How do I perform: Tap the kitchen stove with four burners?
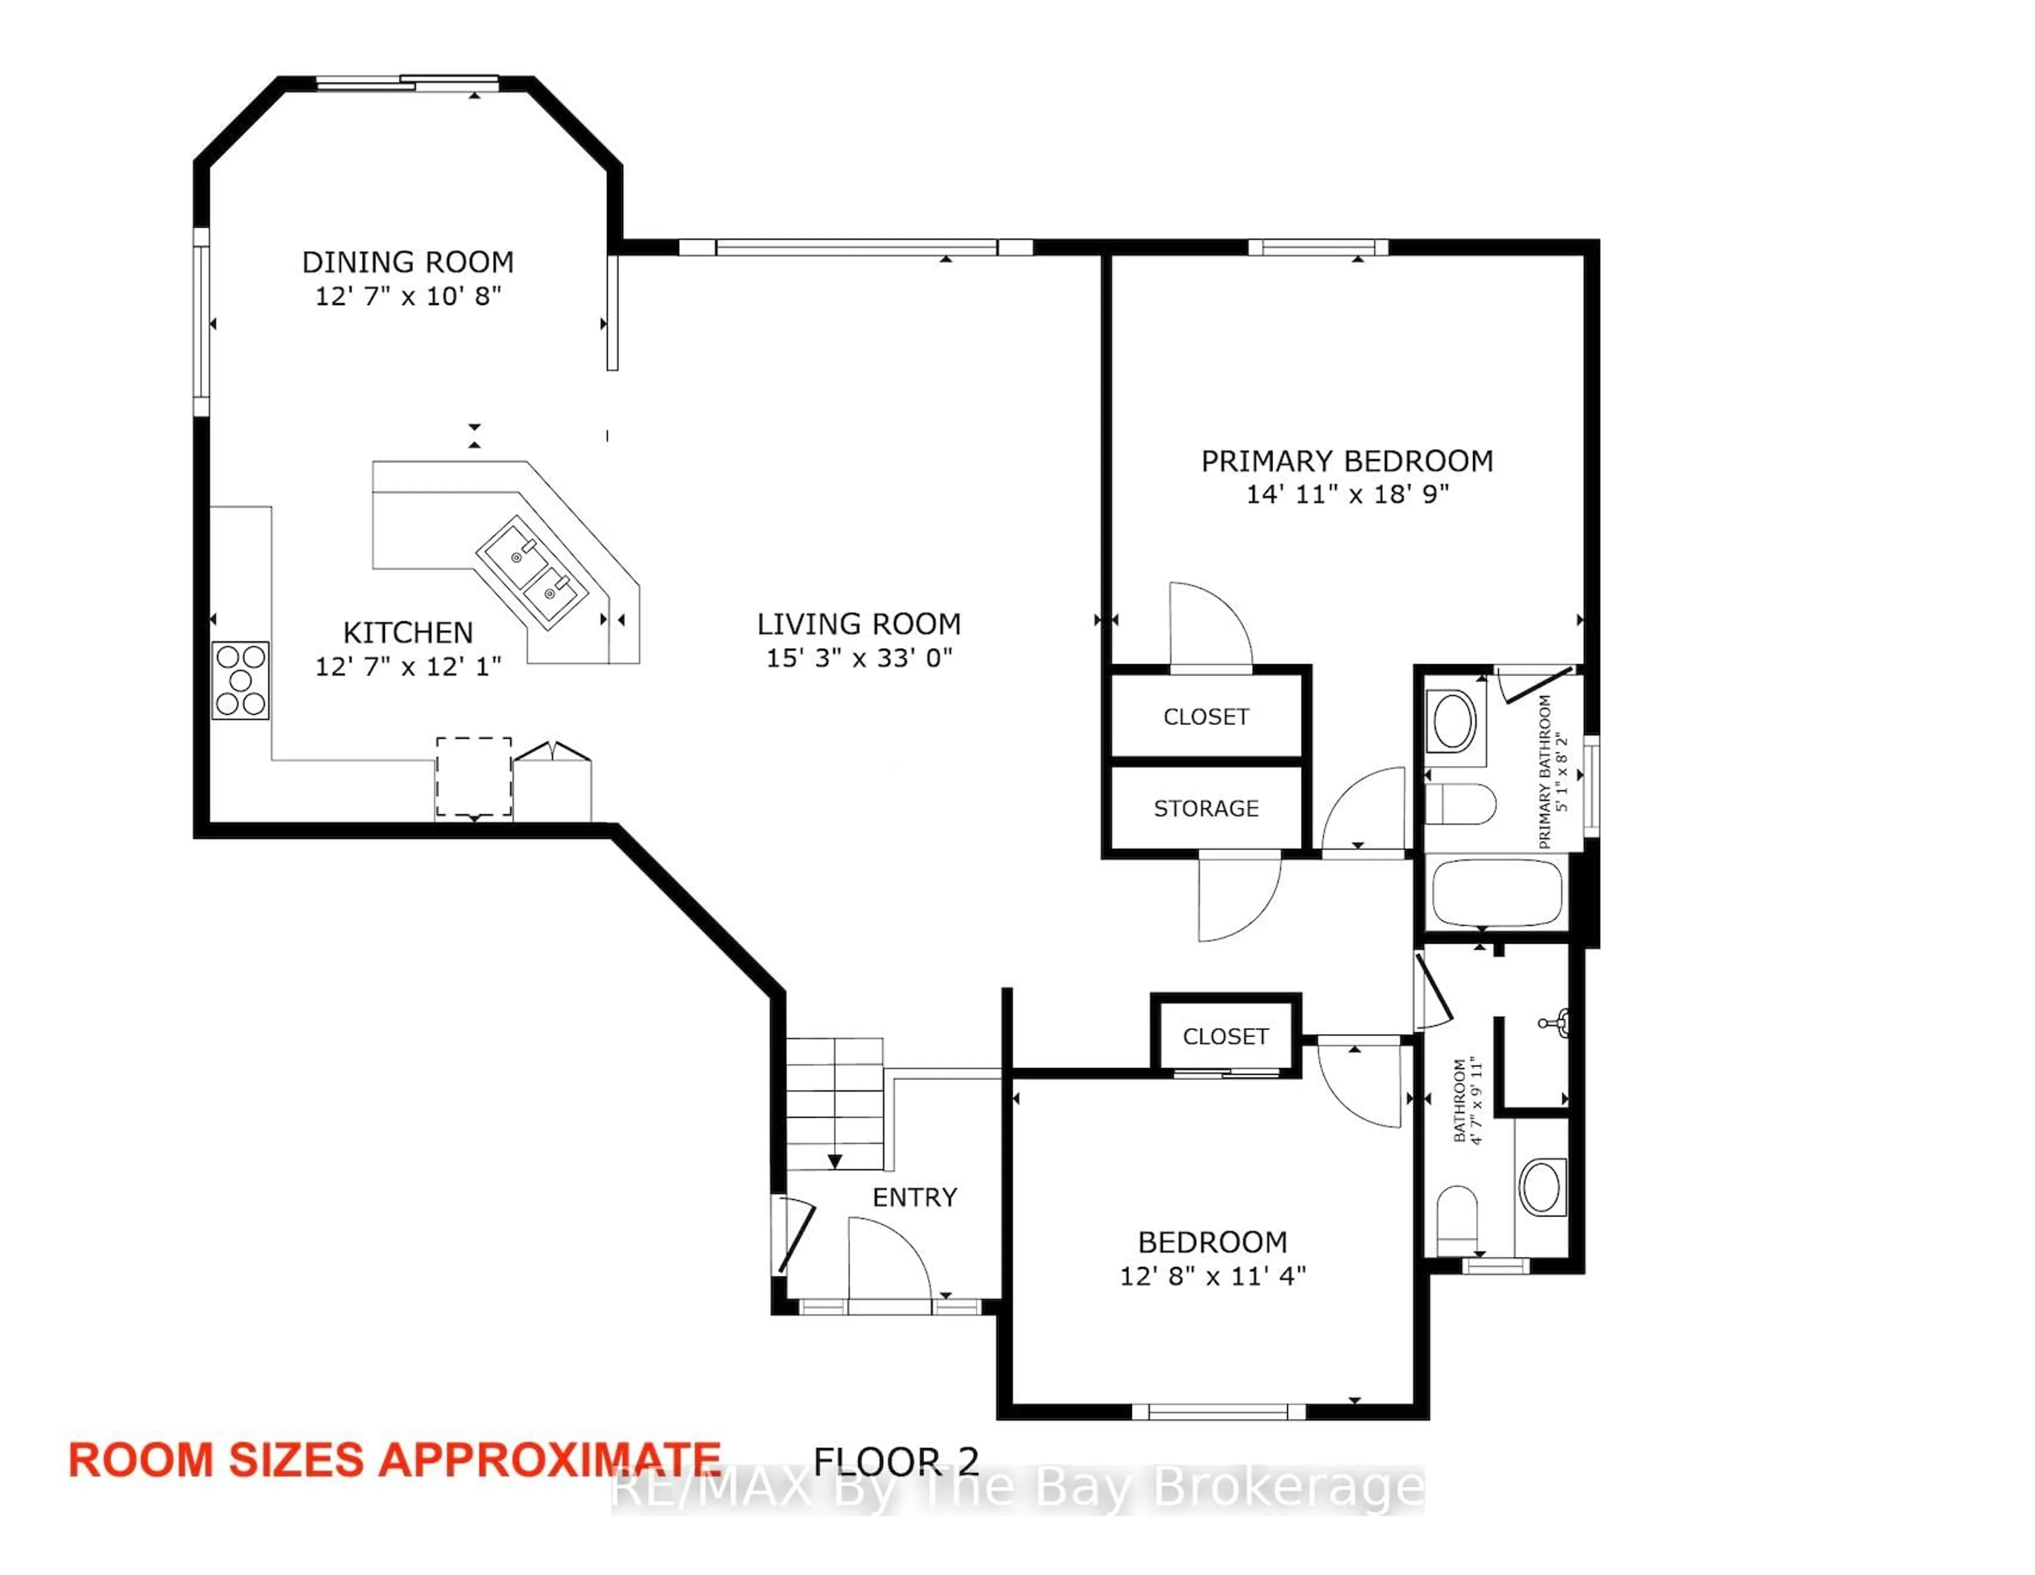point(241,680)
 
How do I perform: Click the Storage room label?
point(1206,808)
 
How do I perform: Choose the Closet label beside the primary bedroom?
point(1206,716)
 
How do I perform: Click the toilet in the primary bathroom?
point(1460,803)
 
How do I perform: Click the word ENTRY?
point(914,1198)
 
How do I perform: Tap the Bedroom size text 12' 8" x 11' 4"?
point(1212,1276)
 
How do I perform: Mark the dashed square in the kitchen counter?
point(473,776)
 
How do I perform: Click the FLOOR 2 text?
point(896,1461)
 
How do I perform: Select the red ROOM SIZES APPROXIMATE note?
point(394,1459)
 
